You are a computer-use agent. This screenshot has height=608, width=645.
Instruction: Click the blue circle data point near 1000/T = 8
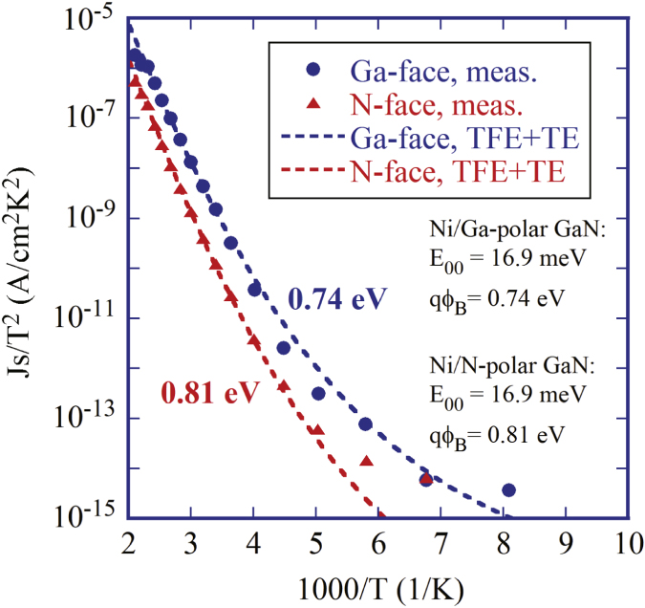(508, 489)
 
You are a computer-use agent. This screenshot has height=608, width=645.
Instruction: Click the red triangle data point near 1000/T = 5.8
(366, 462)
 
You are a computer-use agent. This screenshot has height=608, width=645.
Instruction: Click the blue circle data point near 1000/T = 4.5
(284, 348)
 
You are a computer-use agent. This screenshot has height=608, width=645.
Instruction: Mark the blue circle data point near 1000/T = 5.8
(365, 423)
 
